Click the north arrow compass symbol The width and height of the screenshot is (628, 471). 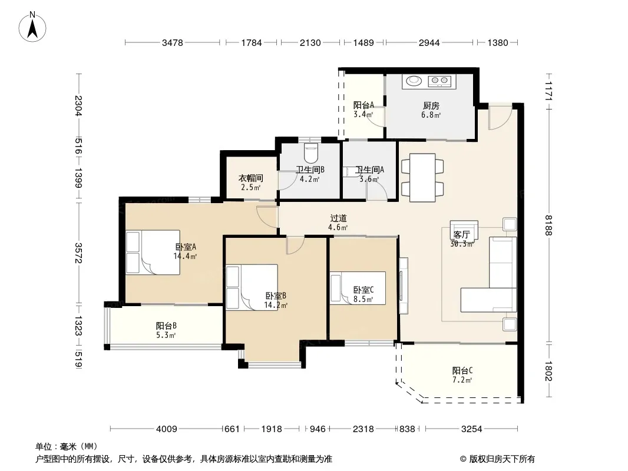click(x=32, y=27)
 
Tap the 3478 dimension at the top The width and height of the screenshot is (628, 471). click(x=172, y=43)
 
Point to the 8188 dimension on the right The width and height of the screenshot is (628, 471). click(x=548, y=225)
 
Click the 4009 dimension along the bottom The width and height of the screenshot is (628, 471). click(x=167, y=429)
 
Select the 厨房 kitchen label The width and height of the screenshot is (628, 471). click(x=431, y=105)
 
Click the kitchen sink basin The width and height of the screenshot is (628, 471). click(x=414, y=81)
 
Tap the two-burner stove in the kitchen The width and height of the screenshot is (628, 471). click(x=439, y=81)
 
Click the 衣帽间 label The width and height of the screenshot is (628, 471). click(x=251, y=178)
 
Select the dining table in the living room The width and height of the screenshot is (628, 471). click(x=422, y=177)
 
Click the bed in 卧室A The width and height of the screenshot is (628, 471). click(x=153, y=252)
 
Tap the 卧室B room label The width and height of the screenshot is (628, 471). click(x=276, y=296)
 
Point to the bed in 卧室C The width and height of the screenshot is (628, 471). click(x=358, y=288)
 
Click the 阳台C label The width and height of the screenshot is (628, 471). click(x=462, y=370)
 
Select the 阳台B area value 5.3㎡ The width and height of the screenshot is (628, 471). click(x=166, y=336)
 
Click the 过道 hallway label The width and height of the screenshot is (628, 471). click(x=338, y=218)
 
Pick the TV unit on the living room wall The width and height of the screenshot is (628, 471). click(x=404, y=286)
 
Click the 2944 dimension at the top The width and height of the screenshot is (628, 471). click(x=429, y=43)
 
